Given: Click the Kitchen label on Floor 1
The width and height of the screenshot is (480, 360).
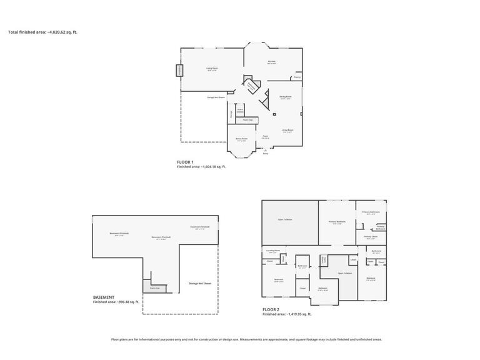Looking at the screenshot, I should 271,61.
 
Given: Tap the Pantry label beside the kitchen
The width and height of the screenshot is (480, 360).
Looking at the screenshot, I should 297,77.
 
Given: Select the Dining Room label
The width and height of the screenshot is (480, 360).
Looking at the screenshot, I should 285,97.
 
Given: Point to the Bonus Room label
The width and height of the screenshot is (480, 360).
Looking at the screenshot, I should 241,139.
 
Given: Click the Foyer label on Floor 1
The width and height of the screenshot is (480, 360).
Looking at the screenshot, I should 266,136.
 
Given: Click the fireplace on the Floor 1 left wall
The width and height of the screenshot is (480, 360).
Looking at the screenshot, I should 180,70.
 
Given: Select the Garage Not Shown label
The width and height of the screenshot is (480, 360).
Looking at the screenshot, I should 216,97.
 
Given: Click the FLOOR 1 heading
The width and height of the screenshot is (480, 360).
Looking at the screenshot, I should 185,162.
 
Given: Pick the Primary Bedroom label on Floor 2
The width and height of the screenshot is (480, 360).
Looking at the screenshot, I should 337,222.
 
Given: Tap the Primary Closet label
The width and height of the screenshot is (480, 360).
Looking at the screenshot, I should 370,237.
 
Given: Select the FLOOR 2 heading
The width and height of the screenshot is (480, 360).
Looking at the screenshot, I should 271,310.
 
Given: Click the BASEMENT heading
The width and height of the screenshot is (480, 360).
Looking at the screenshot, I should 104,297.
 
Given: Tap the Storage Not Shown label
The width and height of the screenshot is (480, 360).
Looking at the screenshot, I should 198,283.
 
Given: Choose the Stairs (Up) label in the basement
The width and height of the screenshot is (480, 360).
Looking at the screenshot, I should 154,288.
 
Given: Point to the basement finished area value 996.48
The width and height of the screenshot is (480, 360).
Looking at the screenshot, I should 127,302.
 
